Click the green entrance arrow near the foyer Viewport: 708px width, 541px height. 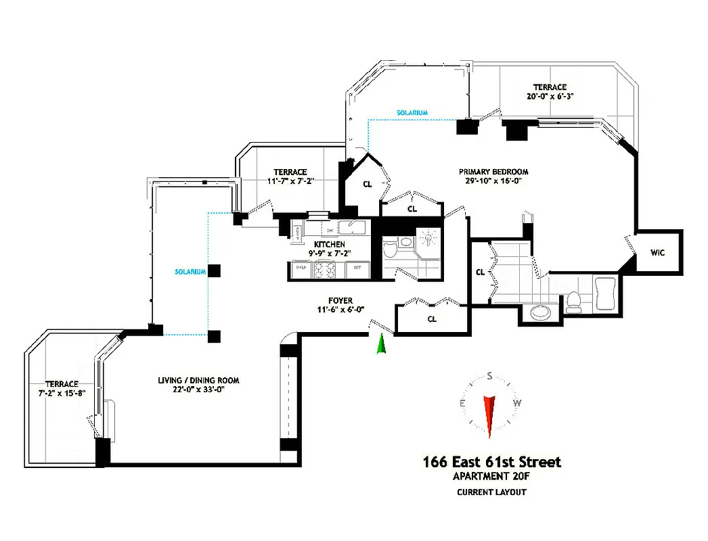click(382, 344)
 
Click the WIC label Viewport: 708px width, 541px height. click(658, 254)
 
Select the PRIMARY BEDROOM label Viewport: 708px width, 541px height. click(493, 172)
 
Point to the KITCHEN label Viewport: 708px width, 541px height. click(330, 244)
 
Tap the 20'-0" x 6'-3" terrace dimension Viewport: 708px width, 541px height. click(549, 96)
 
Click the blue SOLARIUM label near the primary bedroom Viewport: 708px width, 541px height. click(412, 112)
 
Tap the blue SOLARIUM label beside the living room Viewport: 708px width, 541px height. click(190, 271)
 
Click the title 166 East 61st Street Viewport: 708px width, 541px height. click(492, 463)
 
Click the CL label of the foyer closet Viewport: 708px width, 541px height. click(432, 318)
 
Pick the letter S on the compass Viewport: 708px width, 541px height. click(490, 377)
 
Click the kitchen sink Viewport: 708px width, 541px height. click(353, 227)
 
